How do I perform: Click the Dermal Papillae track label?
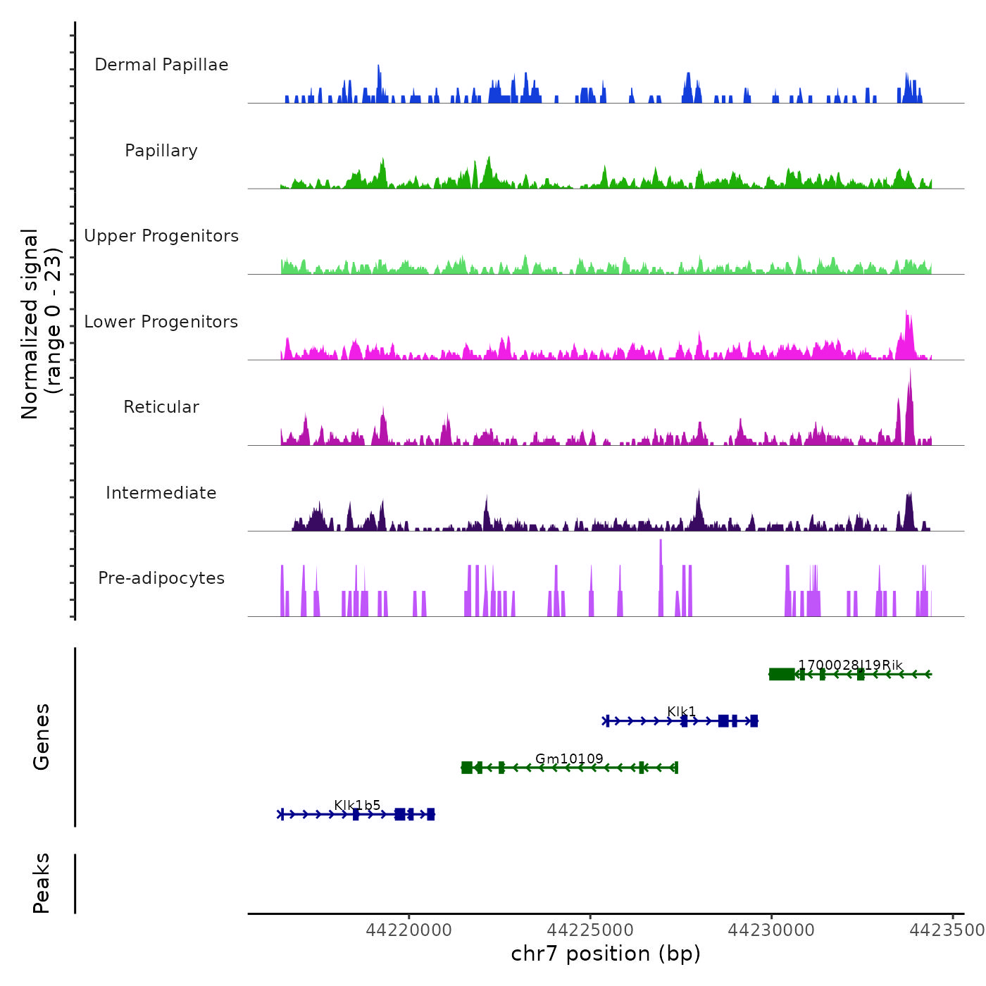(161, 65)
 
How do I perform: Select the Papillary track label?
(161, 151)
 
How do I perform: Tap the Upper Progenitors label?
(161, 236)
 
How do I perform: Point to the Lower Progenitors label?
(161, 322)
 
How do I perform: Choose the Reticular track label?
(161, 407)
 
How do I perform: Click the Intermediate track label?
(161, 493)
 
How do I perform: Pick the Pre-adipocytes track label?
(161, 578)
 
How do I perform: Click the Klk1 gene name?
(681, 711)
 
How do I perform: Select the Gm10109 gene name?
(569, 759)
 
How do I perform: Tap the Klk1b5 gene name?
(357, 805)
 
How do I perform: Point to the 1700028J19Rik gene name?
(850, 665)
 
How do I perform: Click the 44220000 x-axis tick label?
(409, 930)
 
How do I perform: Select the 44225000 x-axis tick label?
(590, 930)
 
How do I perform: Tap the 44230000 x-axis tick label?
(771, 930)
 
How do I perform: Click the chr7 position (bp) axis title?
(606, 954)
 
